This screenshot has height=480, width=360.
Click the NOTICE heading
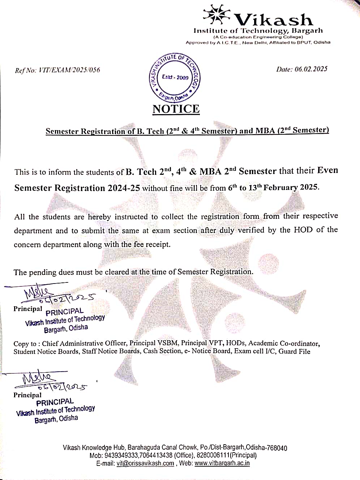176,109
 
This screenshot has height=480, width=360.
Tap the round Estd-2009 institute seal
175,77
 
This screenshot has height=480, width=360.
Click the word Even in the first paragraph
327,170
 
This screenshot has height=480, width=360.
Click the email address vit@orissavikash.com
145,463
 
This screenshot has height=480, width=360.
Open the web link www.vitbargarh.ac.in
222,463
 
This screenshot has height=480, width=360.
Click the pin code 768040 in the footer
277,448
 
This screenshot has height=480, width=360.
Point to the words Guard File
294,351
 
